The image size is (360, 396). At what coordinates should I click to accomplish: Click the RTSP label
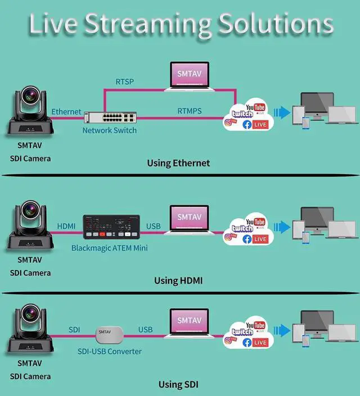click(125, 82)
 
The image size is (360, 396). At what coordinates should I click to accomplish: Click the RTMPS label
click(190, 111)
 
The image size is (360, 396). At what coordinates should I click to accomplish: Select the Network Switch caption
click(109, 130)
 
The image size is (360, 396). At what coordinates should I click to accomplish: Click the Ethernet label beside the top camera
click(66, 112)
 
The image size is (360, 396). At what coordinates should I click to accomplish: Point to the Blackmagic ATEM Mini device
click(110, 227)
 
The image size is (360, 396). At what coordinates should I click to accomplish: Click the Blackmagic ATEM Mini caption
click(110, 248)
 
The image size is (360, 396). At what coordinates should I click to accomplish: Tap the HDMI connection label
click(66, 226)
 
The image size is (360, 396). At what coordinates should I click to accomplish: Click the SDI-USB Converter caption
click(110, 352)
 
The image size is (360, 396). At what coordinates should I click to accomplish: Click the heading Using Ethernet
click(178, 163)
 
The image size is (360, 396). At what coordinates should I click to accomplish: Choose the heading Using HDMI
click(178, 280)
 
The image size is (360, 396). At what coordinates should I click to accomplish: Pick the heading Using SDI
click(178, 385)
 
